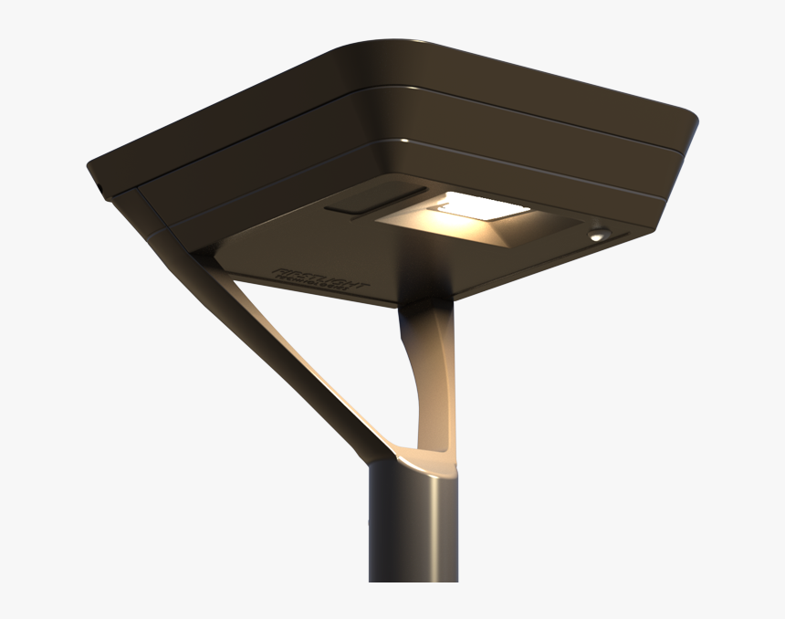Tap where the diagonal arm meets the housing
click(x=205, y=260)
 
